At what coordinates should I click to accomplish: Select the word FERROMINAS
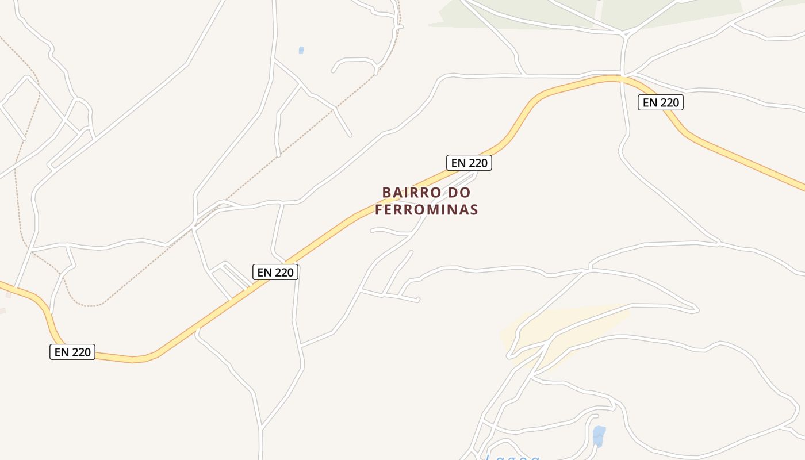(426, 209)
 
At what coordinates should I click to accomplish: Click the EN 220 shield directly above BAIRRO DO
(469, 163)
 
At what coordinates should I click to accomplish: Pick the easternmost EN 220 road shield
(661, 103)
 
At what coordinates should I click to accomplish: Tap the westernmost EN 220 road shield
(72, 352)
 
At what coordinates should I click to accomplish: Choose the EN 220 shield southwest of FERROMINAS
(275, 272)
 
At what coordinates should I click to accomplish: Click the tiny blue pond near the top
(301, 51)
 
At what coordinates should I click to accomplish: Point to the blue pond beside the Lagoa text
(599, 435)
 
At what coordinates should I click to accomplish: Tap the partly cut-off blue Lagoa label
(512, 457)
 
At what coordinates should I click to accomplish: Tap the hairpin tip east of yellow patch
(697, 310)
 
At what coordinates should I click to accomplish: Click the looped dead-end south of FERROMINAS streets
(418, 299)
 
